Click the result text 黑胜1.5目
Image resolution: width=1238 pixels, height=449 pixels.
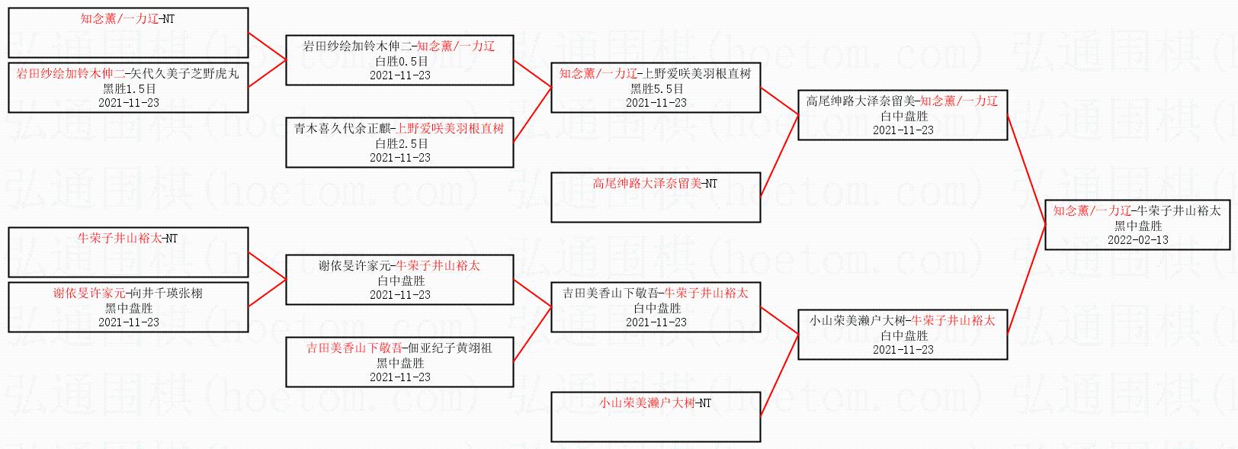129,88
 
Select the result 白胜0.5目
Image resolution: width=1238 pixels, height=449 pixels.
401,61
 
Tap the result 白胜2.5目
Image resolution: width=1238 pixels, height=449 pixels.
401,143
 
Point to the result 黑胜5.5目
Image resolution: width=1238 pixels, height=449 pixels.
656,88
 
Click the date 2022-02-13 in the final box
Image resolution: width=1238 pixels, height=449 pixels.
1137,239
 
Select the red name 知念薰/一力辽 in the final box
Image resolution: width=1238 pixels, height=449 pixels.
1092,210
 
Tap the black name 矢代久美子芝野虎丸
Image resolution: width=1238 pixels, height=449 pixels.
184,74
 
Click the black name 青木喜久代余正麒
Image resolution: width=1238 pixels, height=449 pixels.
342,129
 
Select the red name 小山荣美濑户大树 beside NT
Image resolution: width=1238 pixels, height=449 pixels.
646,403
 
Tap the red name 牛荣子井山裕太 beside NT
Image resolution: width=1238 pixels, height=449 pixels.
120,239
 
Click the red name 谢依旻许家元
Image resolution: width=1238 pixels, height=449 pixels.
88,293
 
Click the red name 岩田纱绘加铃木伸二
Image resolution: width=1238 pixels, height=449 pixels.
70,74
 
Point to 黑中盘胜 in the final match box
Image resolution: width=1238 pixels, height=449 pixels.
1137,226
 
